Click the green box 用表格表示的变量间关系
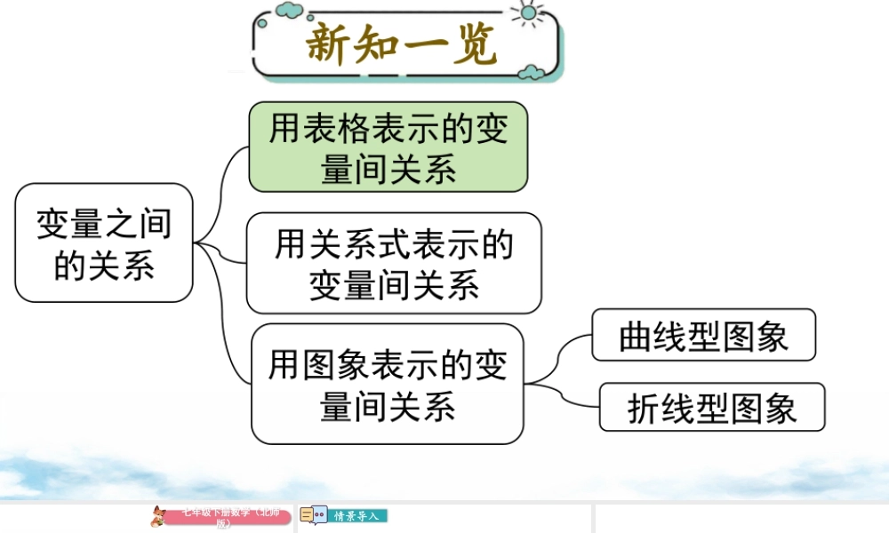(x=388, y=147)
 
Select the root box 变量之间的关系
(x=104, y=243)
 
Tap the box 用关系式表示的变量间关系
(x=394, y=263)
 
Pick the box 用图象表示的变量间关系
(x=388, y=384)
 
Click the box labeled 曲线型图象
(x=703, y=335)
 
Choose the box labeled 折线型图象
(x=712, y=407)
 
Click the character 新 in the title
(x=331, y=45)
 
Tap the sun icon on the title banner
(x=530, y=12)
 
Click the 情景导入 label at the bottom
(x=357, y=515)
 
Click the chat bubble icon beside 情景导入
(x=314, y=515)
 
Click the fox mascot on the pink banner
(x=158, y=515)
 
